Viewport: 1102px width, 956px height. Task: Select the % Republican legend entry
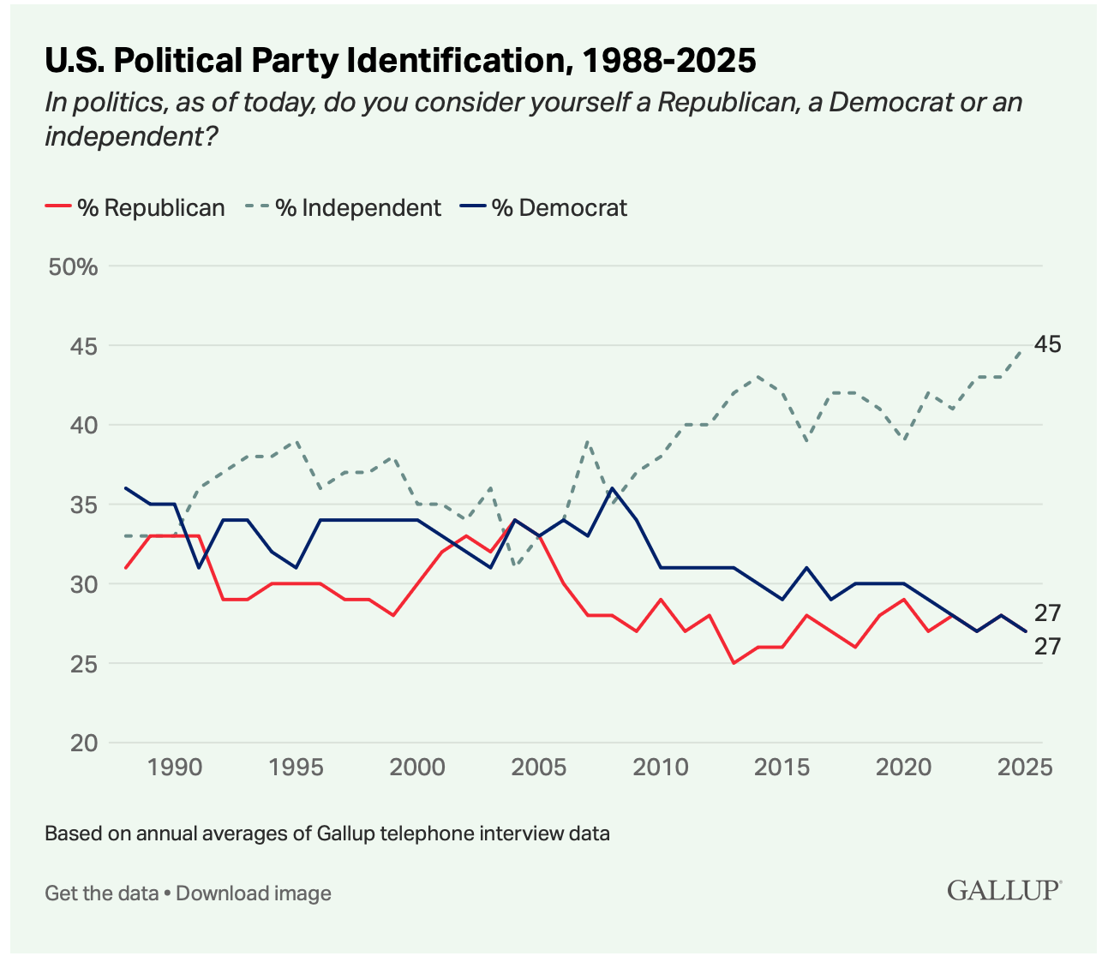click(135, 207)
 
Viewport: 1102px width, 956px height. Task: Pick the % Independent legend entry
click(344, 207)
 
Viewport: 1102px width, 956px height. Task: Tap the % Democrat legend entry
click(543, 207)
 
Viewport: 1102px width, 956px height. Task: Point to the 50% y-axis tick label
click(73, 267)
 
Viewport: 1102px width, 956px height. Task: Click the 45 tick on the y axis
click(84, 346)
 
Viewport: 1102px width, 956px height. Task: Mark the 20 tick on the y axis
click(84, 743)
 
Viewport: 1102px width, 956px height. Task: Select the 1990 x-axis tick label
click(175, 767)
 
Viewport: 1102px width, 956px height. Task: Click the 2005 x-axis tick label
click(539, 767)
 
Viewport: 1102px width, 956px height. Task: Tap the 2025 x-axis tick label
click(1025, 767)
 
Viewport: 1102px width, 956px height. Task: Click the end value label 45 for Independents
click(1048, 344)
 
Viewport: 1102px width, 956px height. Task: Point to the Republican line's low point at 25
click(734, 663)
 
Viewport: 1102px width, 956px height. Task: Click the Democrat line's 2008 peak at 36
click(612, 488)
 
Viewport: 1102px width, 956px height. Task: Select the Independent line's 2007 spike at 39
click(588, 441)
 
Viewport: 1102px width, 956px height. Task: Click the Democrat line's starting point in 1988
click(125, 488)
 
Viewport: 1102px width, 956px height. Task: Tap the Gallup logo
click(1004, 890)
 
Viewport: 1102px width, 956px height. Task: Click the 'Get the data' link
click(102, 893)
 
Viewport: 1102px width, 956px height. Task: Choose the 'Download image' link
click(254, 893)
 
